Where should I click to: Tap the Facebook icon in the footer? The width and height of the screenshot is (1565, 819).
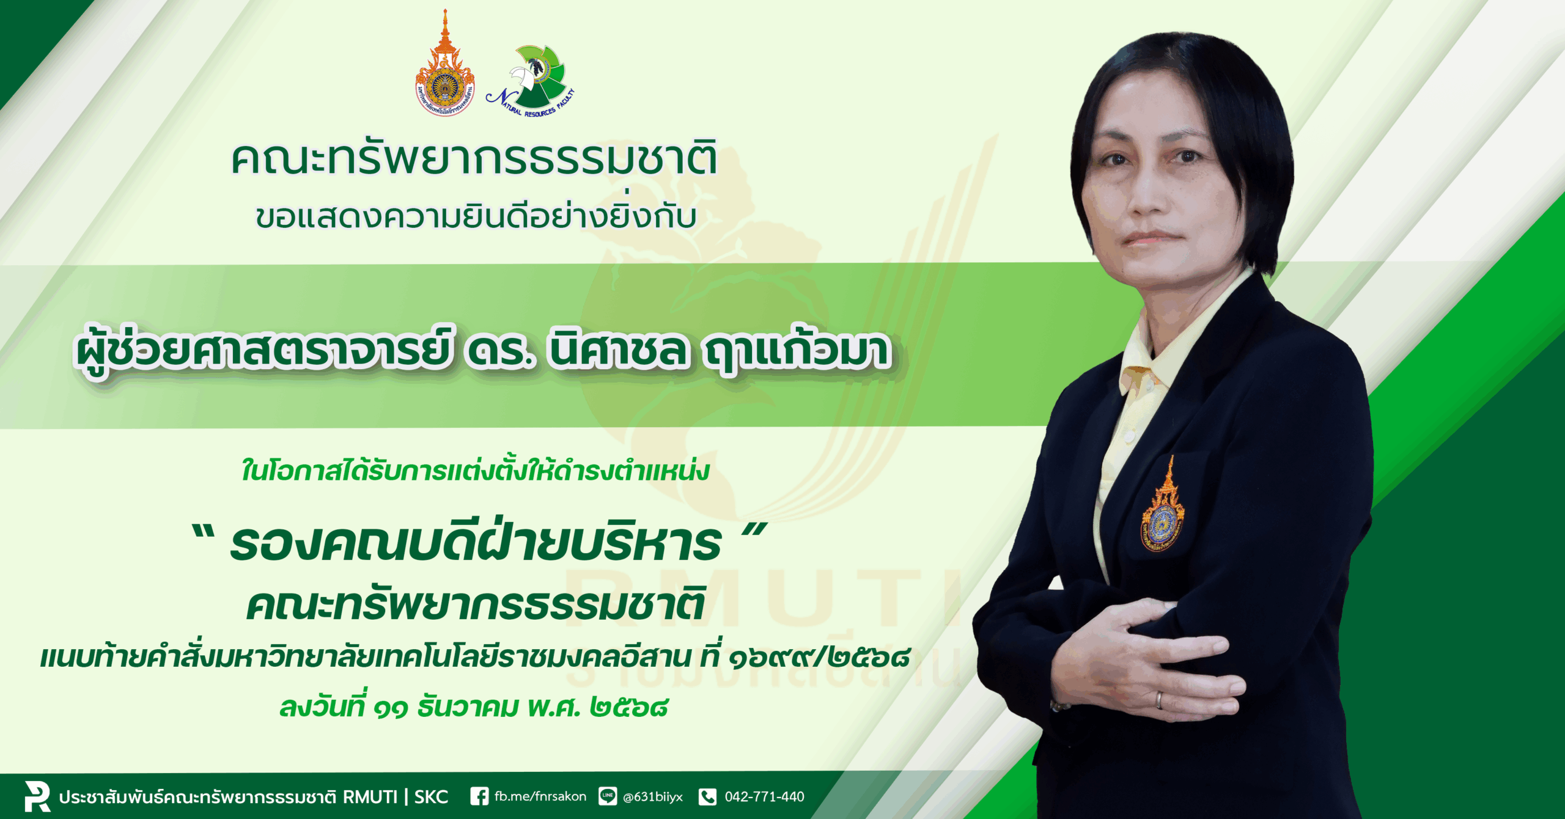pos(479,796)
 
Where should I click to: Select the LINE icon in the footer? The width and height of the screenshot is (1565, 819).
pos(607,796)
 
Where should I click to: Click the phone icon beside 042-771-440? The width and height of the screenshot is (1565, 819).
pos(707,796)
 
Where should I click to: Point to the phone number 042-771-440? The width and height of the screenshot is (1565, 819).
pos(764,796)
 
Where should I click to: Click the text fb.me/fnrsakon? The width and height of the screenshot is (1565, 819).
pos(540,796)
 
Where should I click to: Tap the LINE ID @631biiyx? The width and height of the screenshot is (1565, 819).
pos(652,797)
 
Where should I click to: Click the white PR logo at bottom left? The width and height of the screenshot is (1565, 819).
pos(37,796)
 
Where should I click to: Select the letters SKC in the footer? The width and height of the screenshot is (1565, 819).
pos(431,797)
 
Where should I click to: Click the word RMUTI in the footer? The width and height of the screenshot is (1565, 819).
pos(370,797)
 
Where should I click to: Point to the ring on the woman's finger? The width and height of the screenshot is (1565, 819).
pos(1158,700)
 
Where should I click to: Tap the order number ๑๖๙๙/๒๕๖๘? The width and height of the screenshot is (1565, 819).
pos(819,657)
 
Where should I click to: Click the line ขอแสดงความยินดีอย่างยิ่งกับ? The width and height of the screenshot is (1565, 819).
pos(476,215)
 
